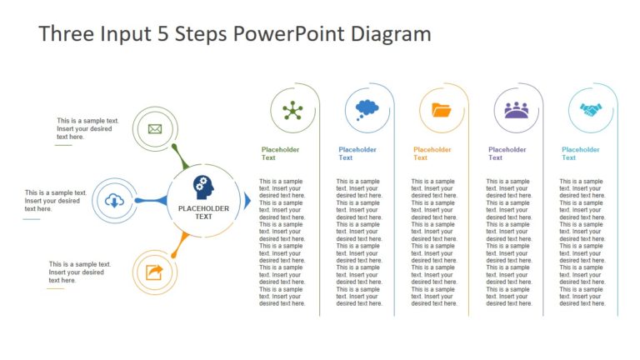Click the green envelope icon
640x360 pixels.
(x=154, y=128)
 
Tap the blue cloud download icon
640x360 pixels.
(x=114, y=200)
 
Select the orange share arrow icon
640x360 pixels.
(x=154, y=272)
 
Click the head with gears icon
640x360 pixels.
(x=203, y=187)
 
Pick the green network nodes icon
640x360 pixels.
(x=292, y=110)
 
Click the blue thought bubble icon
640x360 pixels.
(x=367, y=109)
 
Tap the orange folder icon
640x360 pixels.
(x=442, y=110)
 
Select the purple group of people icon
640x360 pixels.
(x=517, y=110)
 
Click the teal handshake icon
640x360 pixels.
(x=591, y=110)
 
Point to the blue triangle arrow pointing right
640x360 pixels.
(x=247, y=200)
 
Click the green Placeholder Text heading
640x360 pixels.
(x=280, y=153)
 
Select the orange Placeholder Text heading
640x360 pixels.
(x=432, y=153)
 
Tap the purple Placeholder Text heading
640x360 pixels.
(x=507, y=153)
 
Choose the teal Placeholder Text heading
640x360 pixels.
(x=581, y=153)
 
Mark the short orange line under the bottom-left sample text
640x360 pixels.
(x=55, y=289)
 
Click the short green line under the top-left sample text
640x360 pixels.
(x=63, y=145)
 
